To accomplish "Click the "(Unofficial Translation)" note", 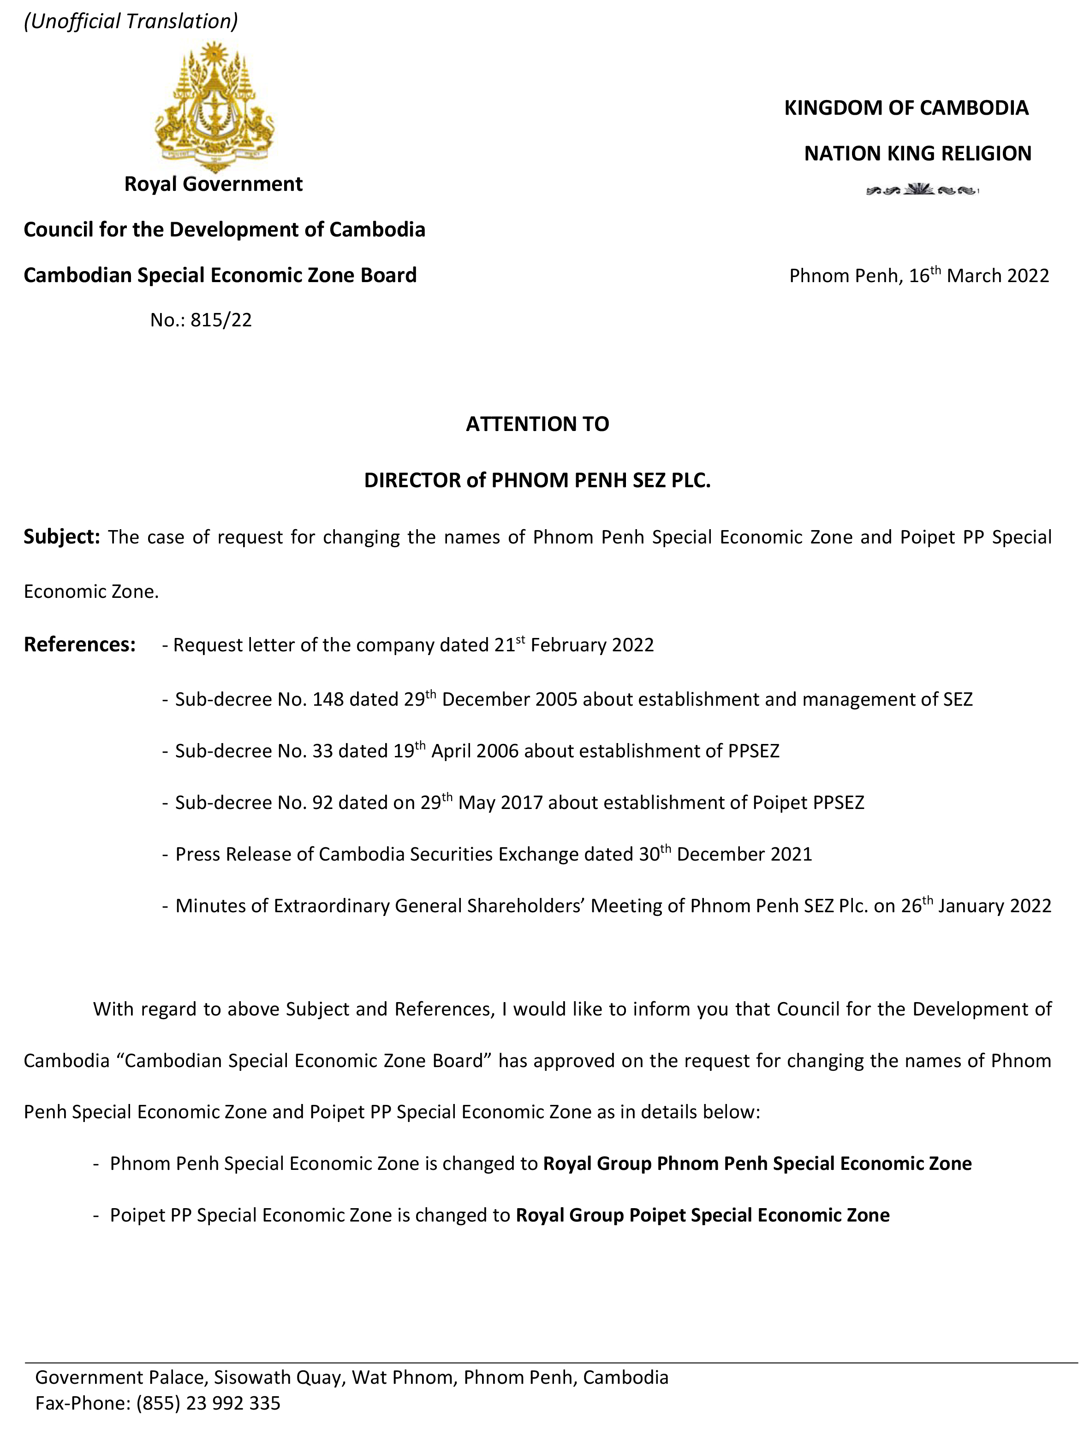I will pos(131,21).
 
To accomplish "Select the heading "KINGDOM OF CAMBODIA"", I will pos(906,108).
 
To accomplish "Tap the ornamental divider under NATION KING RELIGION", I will pos(921,191).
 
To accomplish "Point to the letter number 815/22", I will pos(221,320).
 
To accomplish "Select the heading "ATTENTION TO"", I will pos(537,424).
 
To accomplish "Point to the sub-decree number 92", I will pos(322,803).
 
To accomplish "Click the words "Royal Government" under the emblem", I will pos(213,184).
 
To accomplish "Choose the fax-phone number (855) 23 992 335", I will pos(208,1402).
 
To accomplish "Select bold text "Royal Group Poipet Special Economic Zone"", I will pos(703,1215).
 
